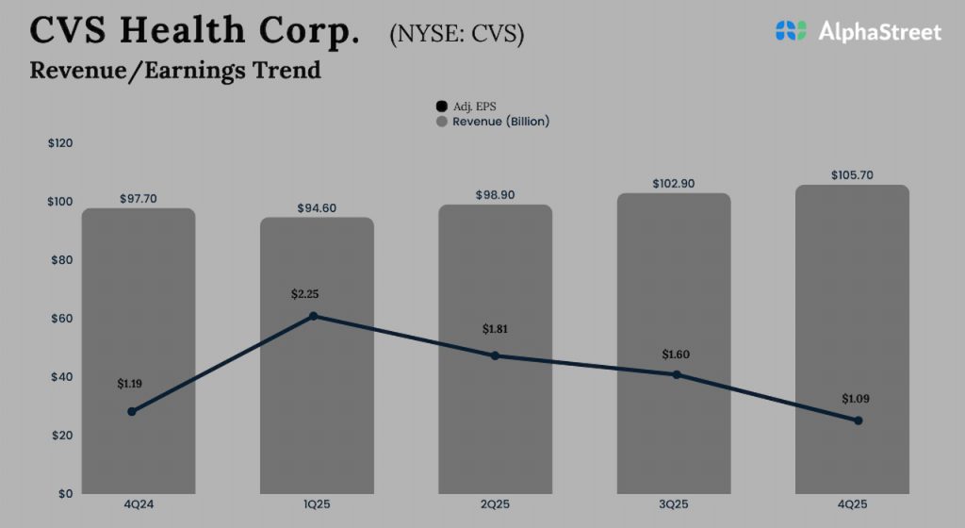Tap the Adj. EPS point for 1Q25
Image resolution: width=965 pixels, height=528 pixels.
click(314, 316)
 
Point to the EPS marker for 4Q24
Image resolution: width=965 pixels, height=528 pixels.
click(132, 411)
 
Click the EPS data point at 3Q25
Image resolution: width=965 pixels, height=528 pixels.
click(677, 374)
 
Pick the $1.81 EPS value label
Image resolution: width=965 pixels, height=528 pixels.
click(496, 329)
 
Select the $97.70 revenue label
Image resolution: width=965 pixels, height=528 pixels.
click(139, 199)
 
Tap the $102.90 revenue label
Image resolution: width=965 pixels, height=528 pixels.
click(673, 184)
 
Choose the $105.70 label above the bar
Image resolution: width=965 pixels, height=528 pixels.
click(852, 175)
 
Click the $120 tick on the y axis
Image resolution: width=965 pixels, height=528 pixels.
click(60, 143)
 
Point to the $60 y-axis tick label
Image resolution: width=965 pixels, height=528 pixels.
click(60, 319)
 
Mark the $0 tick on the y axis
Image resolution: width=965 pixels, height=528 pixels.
click(65, 494)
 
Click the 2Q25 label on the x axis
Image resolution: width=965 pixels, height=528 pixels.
click(495, 505)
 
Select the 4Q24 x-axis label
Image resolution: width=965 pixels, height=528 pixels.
click(139, 505)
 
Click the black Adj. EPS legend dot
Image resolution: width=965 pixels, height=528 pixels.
click(441, 107)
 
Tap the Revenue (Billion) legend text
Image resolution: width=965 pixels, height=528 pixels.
click(500, 122)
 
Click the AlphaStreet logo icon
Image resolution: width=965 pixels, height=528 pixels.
click(792, 31)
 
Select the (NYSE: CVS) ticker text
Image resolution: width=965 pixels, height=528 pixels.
click(457, 34)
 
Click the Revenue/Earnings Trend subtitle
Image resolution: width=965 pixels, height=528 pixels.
click(175, 70)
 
